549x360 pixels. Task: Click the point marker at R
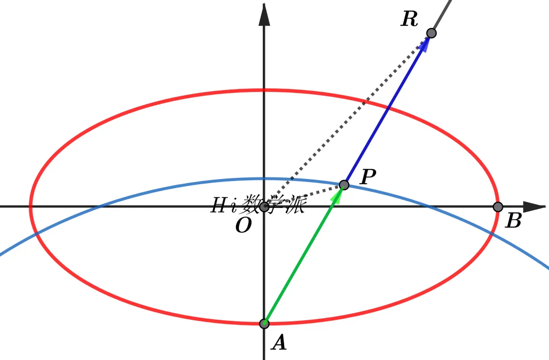(x=432, y=33)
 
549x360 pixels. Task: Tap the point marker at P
(x=344, y=185)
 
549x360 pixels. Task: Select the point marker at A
(x=264, y=323)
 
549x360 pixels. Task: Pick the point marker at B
(x=498, y=207)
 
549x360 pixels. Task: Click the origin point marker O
(x=264, y=207)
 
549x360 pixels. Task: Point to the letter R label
(x=409, y=19)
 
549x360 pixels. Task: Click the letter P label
(x=368, y=176)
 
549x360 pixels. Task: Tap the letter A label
(x=279, y=343)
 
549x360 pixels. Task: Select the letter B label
(x=513, y=221)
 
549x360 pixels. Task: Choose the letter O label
(x=243, y=225)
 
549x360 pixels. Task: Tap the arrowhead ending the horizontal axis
(x=534, y=207)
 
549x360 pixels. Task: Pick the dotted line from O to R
(x=348, y=120)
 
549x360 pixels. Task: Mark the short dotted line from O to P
(x=304, y=196)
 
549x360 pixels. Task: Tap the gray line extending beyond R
(x=441, y=16)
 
